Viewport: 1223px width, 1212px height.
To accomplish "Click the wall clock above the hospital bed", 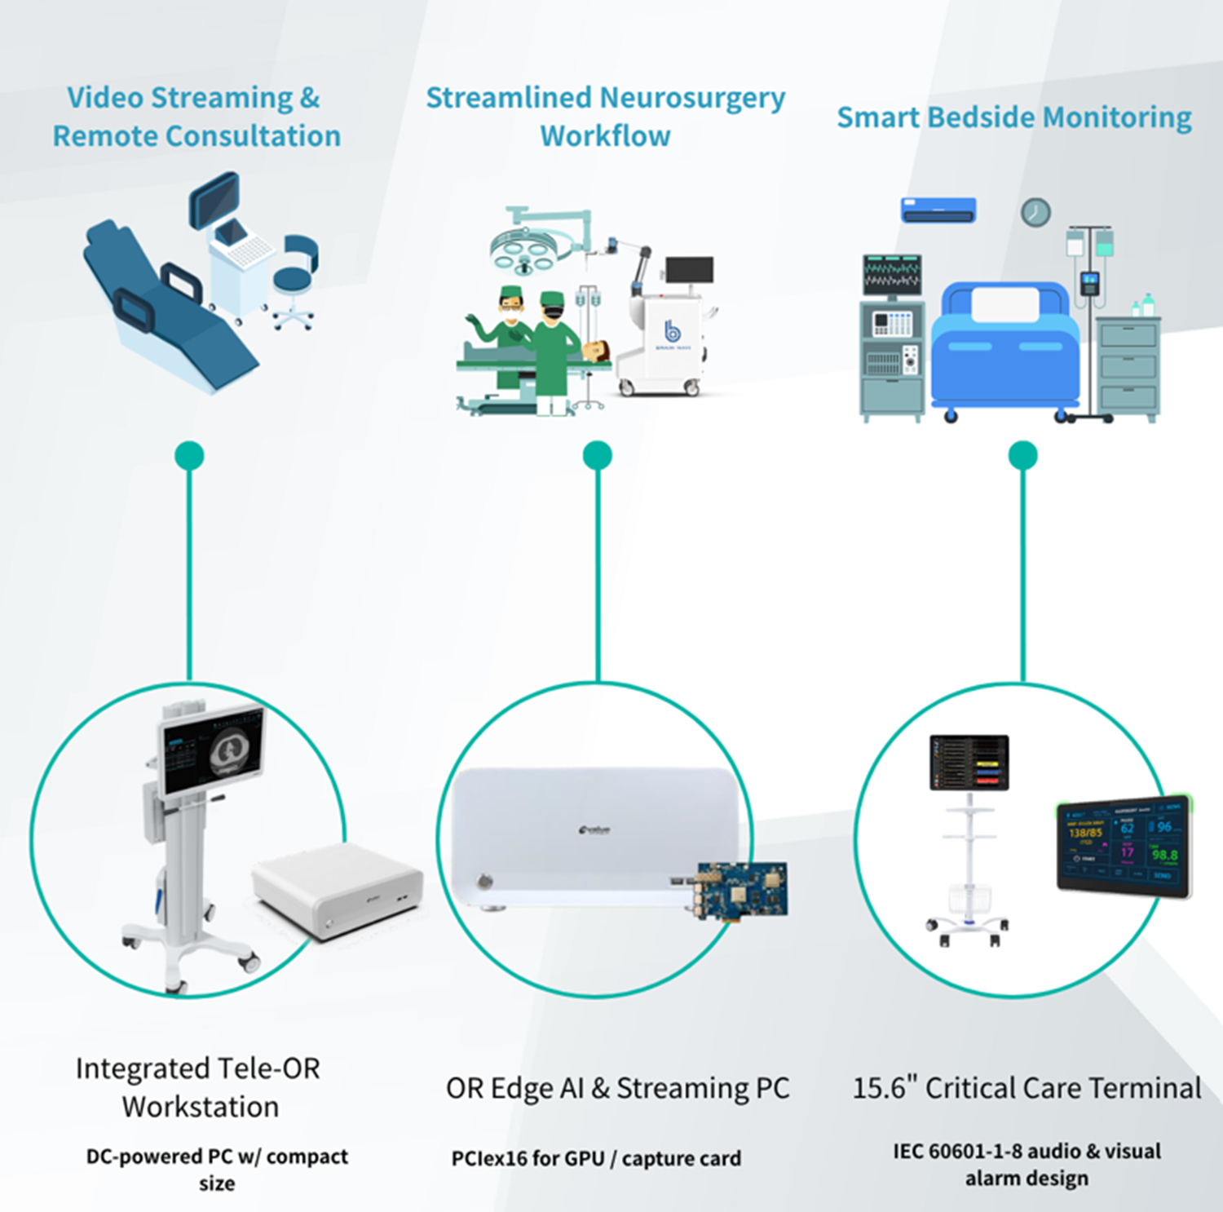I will click(1035, 212).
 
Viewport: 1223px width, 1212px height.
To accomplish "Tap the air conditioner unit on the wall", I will click(938, 210).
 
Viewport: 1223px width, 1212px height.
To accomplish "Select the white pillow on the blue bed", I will click(1005, 305).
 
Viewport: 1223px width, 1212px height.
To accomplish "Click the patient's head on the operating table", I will click(598, 351).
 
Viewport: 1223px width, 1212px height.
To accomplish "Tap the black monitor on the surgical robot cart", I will click(689, 270).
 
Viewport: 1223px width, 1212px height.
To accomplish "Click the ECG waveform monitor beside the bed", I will click(892, 274).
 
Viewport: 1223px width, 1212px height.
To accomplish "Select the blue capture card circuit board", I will click(741, 890).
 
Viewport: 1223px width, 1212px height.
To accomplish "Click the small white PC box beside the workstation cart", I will click(338, 889).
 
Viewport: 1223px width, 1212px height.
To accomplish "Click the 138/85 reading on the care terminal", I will click(1085, 833).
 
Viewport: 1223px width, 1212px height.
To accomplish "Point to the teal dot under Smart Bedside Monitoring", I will click(1022, 455).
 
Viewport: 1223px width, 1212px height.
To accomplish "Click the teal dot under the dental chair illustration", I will click(189, 455).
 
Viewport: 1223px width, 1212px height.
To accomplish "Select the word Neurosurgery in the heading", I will click(692, 98).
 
